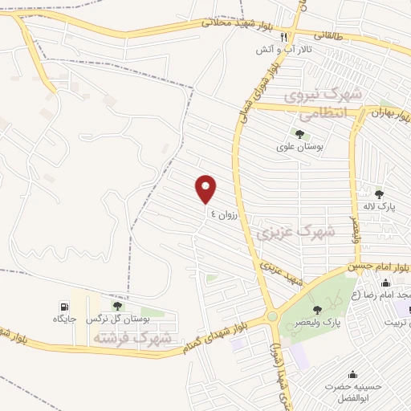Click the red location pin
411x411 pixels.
(206, 189)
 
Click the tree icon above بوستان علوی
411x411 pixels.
(299, 134)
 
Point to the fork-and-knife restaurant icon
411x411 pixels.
(283, 37)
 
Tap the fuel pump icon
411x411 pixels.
(63, 306)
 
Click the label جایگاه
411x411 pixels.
(64, 319)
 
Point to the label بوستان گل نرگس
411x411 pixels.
(119, 319)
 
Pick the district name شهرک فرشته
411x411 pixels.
(132, 338)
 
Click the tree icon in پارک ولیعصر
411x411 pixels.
(317, 309)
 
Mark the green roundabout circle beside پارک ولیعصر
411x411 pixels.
(273, 316)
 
